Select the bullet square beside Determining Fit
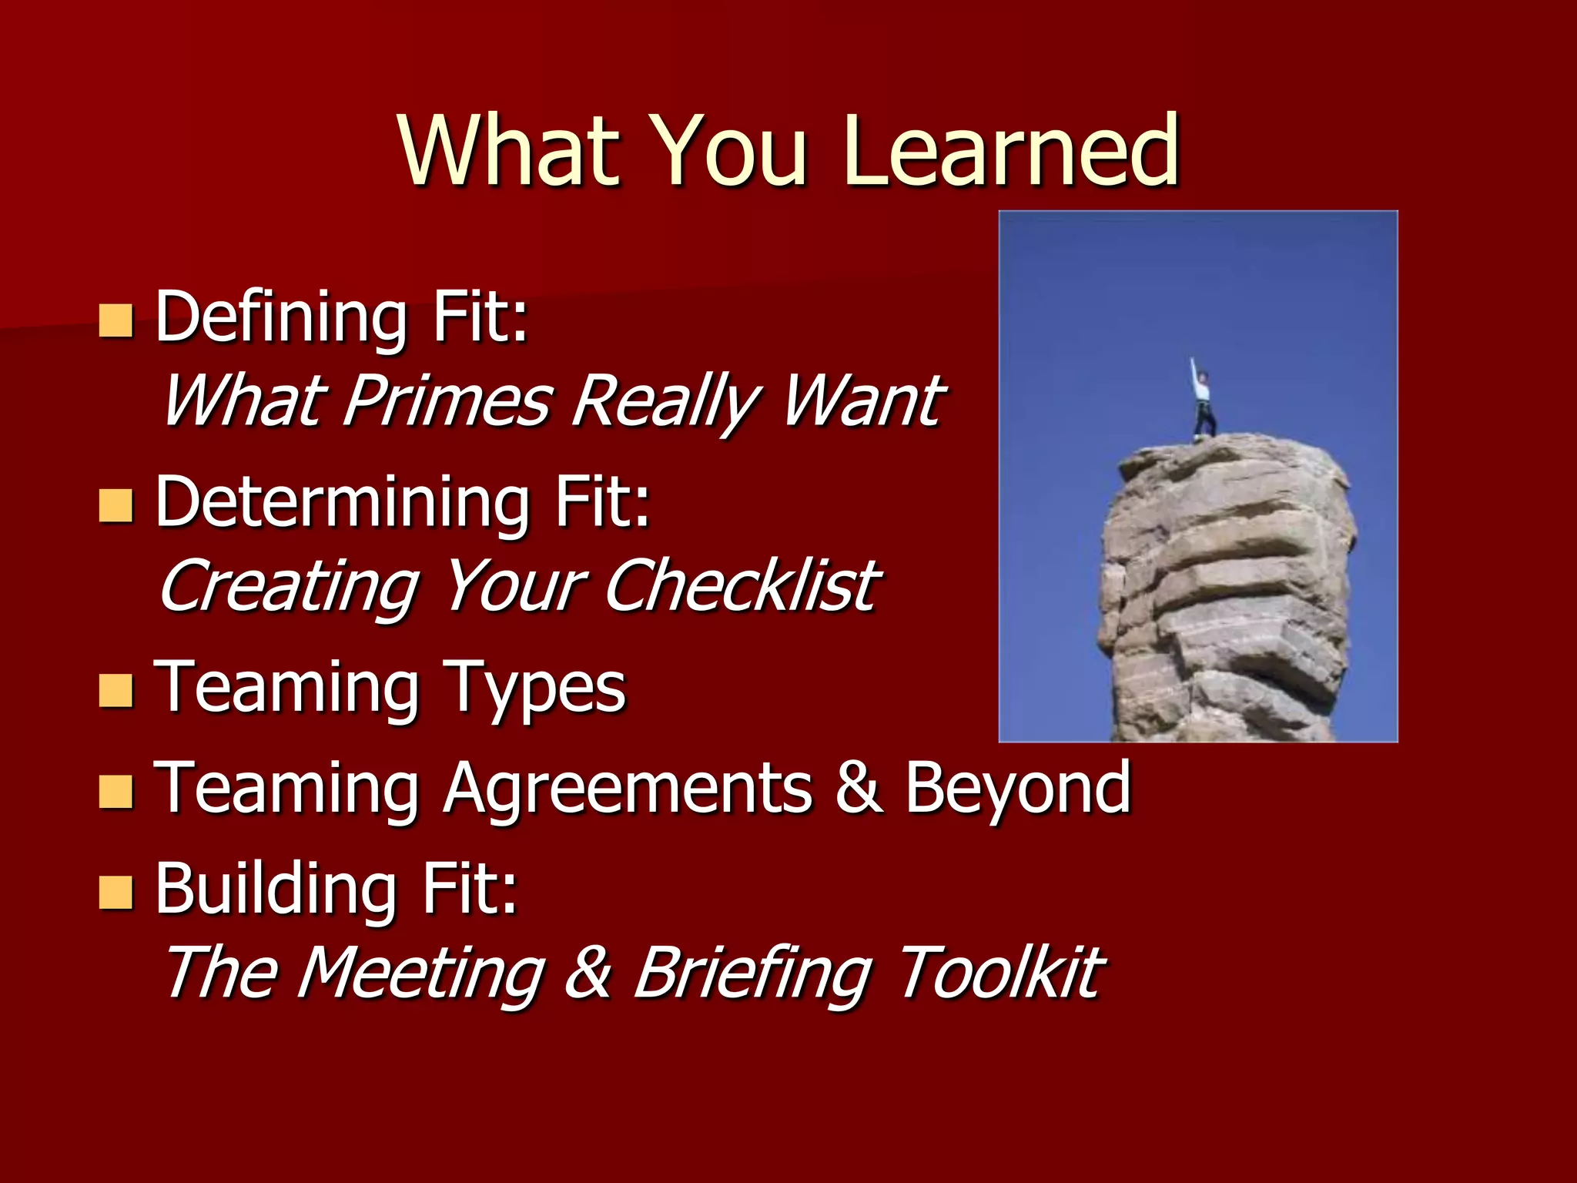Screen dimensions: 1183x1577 click(116, 505)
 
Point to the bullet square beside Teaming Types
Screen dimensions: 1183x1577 click(116, 690)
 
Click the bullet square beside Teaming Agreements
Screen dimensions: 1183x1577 click(116, 790)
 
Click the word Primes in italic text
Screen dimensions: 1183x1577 click(447, 400)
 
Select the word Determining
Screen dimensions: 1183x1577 click(343, 502)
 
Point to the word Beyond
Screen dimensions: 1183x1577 click(1017, 787)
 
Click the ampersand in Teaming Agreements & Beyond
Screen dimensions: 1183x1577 click(859, 787)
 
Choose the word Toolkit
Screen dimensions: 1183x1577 click(1001, 972)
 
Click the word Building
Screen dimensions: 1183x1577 click(276, 889)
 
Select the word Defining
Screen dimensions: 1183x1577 click(281, 317)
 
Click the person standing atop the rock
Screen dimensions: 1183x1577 click(1202, 401)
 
